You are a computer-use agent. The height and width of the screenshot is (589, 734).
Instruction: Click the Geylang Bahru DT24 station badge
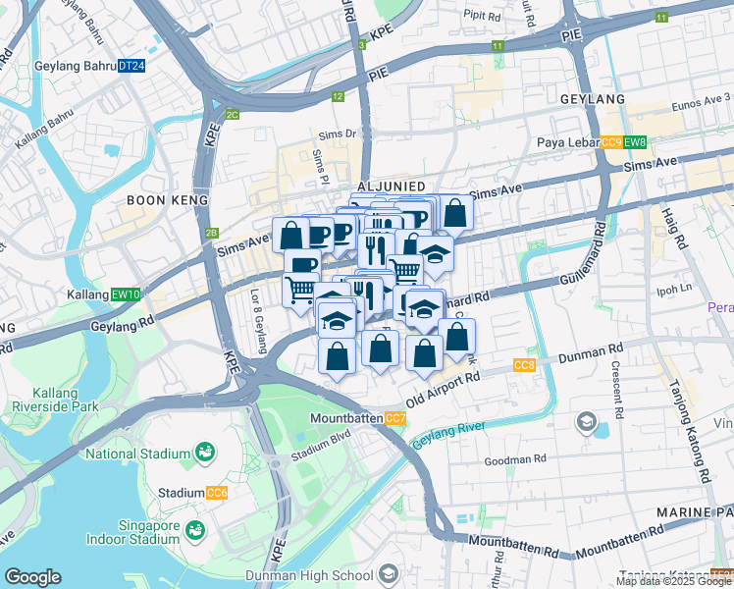coord(131,66)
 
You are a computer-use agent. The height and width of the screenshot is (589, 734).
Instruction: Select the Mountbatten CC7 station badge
coord(396,419)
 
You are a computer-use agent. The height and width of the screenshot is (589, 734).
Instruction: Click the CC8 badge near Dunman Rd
coord(524,365)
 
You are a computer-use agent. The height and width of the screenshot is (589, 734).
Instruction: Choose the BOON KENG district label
coord(168,200)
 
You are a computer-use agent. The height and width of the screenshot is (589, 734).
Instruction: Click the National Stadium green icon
coord(205,453)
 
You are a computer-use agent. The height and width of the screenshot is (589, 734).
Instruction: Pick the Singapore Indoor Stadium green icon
coord(195,529)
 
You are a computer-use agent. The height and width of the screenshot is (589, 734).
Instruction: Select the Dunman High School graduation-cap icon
coord(390,573)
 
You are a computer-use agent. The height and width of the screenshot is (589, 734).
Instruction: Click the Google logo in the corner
coord(32,577)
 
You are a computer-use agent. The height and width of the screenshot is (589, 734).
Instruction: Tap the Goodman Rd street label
coord(514,458)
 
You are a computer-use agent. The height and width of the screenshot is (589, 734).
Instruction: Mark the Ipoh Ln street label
coord(674,290)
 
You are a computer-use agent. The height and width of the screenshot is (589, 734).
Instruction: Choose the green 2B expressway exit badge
coord(210,233)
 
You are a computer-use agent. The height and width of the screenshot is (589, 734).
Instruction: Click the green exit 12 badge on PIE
coord(338,96)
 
